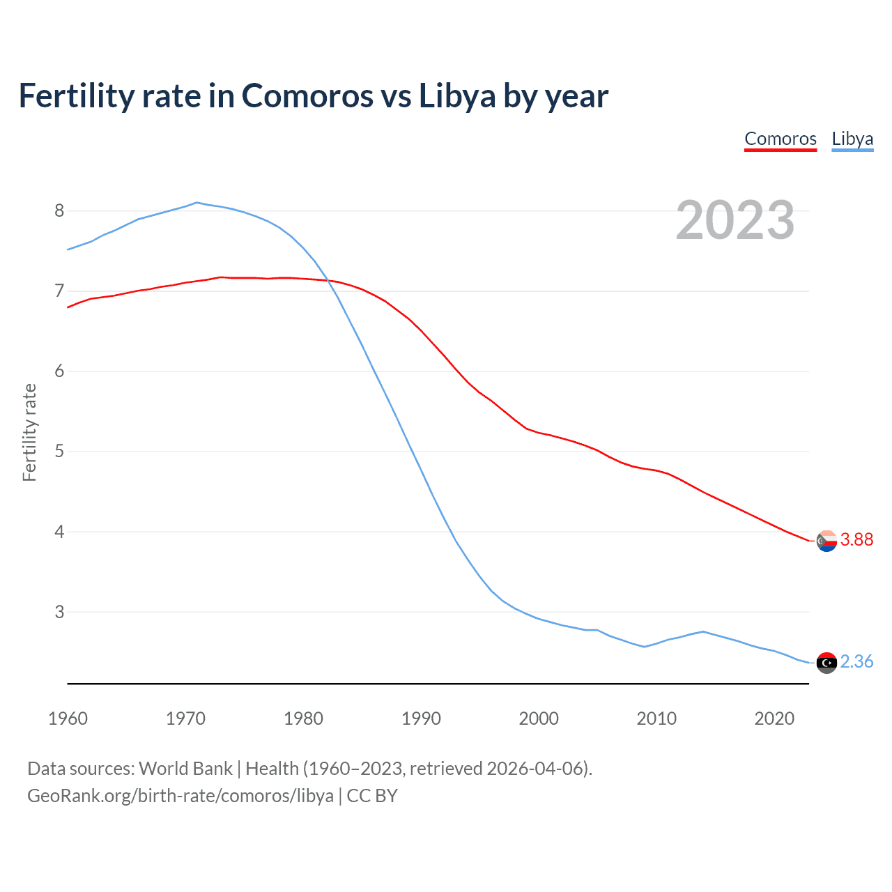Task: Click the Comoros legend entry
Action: [x=780, y=139]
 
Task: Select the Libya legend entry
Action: [x=852, y=139]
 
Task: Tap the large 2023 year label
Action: [x=735, y=220]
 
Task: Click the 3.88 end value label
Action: [x=856, y=540]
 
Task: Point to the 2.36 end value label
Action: [x=856, y=662]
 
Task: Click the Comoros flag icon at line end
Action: [x=826, y=541]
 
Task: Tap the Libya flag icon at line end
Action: [x=826, y=663]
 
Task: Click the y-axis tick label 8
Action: [x=59, y=210]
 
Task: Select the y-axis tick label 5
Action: [x=59, y=452]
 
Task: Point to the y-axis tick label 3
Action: [x=59, y=612]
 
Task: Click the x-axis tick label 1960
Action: [x=68, y=718]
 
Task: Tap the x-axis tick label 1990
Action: [x=421, y=718]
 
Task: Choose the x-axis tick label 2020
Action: [x=774, y=718]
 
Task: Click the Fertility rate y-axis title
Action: [x=29, y=432]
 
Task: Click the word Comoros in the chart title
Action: [x=307, y=96]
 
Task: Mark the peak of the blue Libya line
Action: [x=197, y=203]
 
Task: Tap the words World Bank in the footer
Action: [x=185, y=769]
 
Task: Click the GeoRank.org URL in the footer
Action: [x=180, y=796]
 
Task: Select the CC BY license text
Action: [x=372, y=796]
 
